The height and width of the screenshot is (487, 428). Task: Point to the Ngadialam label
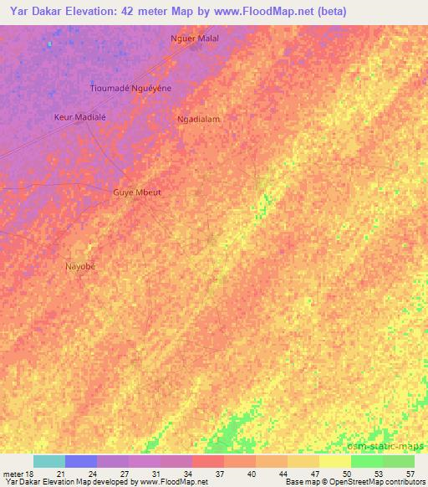[199, 119]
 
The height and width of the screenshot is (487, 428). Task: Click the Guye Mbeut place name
[137, 192]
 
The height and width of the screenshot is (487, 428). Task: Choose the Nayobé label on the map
[81, 266]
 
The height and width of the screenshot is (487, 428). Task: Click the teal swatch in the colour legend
[49, 461]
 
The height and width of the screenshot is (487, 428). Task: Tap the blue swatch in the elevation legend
[81, 461]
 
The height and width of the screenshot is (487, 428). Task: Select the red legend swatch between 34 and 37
[208, 461]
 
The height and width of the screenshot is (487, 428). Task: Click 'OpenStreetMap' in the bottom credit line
[350, 483]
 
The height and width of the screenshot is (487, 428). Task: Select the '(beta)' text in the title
[329, 12]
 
